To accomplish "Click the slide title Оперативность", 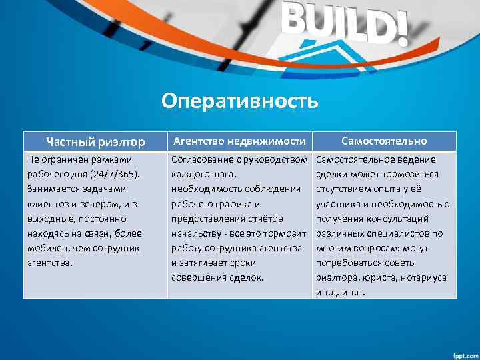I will [240, 101].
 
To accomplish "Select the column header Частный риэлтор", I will [95, 141].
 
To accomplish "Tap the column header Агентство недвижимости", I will [239, 141].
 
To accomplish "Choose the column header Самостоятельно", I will [384, 141].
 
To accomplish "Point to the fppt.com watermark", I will [460, 353].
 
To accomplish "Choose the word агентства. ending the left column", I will [48, 263].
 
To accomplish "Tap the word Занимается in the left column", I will [52, 189].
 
